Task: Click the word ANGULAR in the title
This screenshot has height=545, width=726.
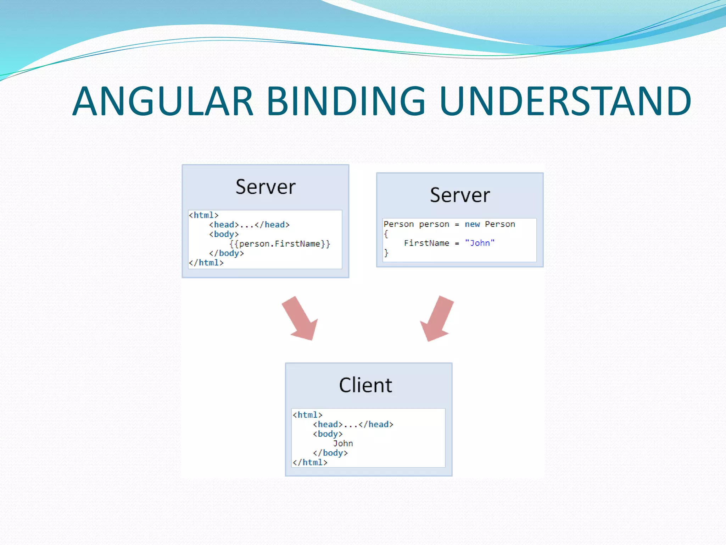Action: tap(163, 101)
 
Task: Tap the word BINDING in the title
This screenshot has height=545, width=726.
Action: tap(346, 101)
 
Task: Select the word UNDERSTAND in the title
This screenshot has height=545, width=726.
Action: tap(565, 101)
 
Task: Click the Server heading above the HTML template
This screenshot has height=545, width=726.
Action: tap(266, 187)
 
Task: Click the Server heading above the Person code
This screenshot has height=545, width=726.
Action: tap(460, 195)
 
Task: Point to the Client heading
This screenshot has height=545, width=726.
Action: tap(365, 385)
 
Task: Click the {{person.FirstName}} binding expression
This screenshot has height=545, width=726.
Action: tap(280, 244)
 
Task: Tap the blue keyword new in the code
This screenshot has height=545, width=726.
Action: tap(472, 224)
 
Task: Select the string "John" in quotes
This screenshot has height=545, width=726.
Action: tap(480, 243)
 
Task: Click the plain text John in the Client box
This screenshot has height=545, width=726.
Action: tap(343, 444)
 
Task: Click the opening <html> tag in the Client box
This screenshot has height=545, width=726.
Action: tap(307, 415)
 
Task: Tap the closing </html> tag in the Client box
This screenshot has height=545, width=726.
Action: tap(310, 462)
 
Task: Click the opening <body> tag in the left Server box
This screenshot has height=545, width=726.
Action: tap(224, 234)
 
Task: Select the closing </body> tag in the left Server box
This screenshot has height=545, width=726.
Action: tap(226, 253)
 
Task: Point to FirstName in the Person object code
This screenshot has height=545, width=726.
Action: tap(426, 243)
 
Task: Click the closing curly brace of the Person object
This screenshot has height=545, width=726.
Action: tap(386, 253)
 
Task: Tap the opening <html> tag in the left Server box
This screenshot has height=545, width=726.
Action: tap(203, 215)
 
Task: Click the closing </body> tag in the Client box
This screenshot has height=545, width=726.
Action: tap(330, 453)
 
